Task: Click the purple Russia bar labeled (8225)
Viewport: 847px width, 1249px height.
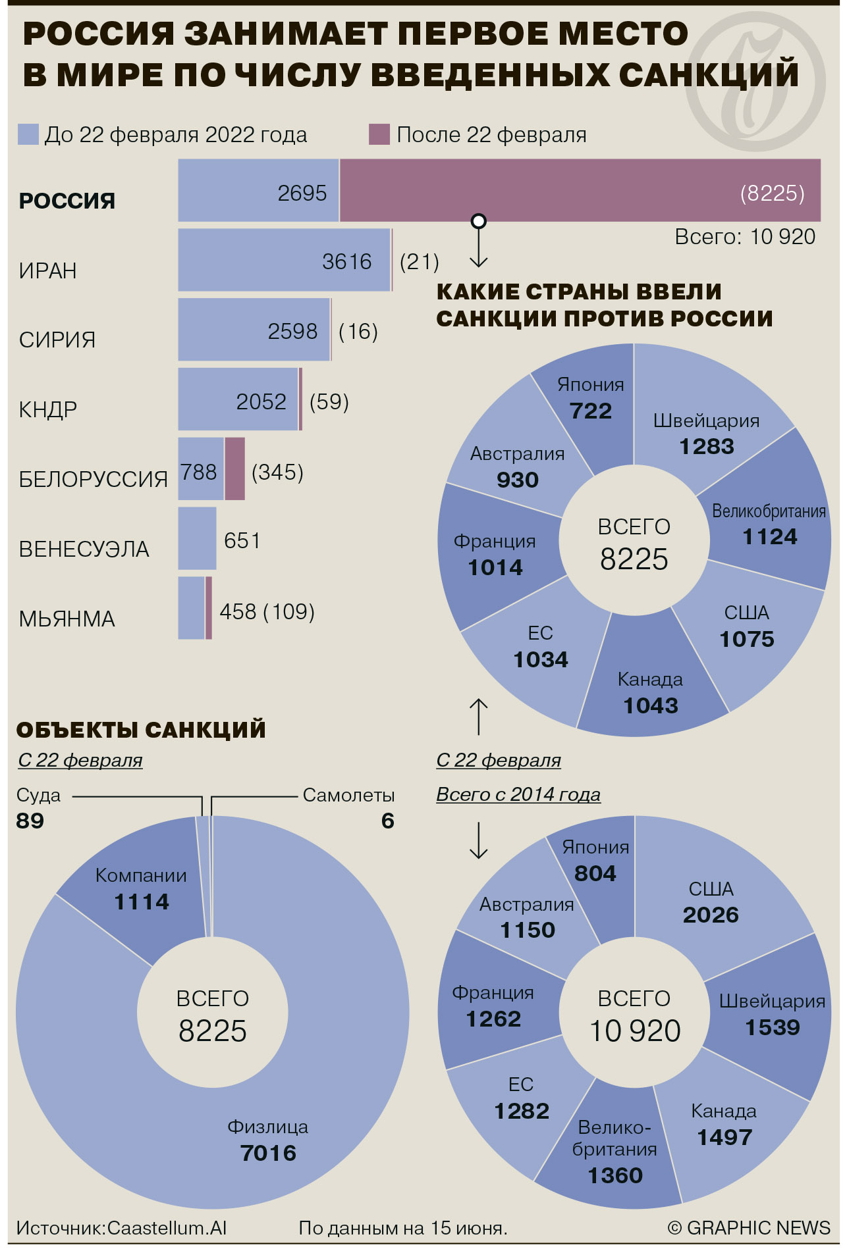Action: [580, 190]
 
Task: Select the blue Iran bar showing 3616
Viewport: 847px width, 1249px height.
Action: [285, 260]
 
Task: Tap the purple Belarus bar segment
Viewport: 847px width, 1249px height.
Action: [235, 469]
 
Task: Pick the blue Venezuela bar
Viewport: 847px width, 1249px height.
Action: [198, 538]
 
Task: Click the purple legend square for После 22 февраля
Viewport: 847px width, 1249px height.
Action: [379, 134]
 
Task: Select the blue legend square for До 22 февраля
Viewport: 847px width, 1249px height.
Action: [28, 134]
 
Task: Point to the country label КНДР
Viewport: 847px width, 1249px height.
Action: [48, 409]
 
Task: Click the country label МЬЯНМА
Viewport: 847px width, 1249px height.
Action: [67, 619]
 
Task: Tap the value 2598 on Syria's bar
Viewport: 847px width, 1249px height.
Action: [292, 331]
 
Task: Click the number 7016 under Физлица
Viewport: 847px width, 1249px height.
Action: [268, 1153]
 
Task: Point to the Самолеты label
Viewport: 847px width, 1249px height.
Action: [348, 795]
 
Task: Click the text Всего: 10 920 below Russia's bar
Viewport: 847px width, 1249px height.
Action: [745, 236]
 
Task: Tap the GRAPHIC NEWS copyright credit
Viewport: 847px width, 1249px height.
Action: [749, 1227]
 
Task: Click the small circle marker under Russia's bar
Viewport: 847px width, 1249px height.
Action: [479, 220]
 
